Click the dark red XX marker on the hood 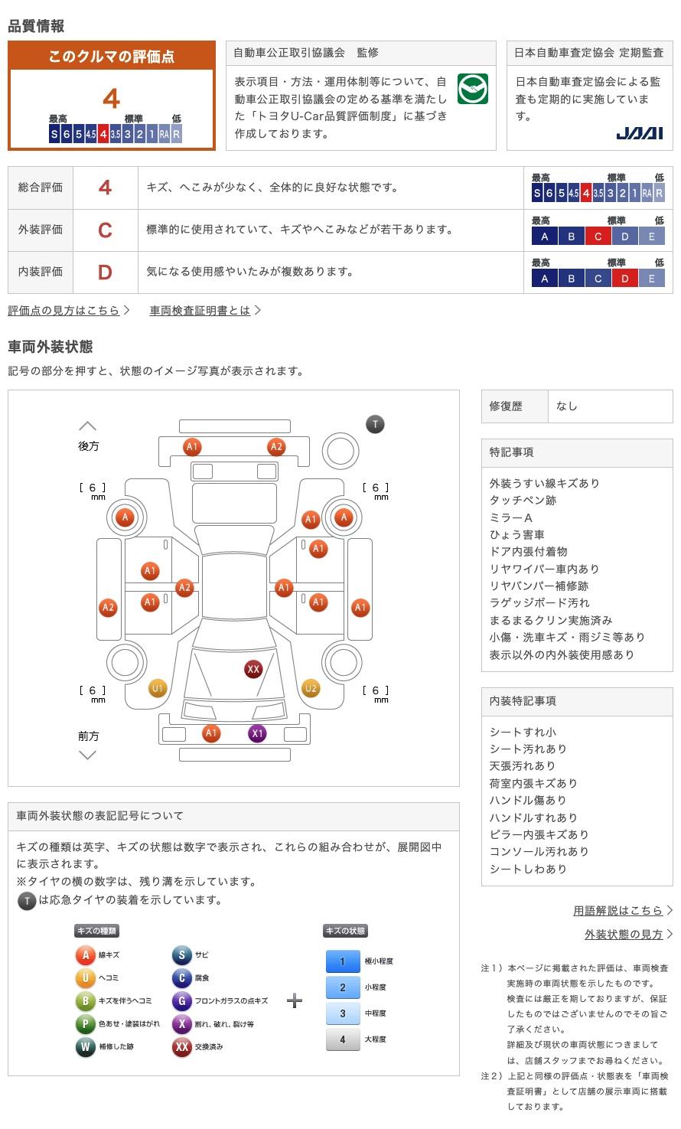tap(253, 669)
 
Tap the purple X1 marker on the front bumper tap(257, 733)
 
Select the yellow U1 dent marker tap(157, 688)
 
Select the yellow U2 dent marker tap(311, 688)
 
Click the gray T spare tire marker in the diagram tap(375, 424)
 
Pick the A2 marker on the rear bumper tap(276, 447)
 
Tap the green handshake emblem tap(472, 90)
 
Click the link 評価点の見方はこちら tap(64, 310)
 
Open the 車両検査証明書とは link tap(200, 310)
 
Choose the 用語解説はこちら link tap(618, 910)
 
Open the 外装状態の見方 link tap(624, 934)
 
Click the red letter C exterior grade tap(105, 230)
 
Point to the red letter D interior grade tap(105, 272)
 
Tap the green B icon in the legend tap(85, 1000)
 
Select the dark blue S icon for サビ tap(181, 954)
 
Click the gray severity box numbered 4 tap(342, 1039)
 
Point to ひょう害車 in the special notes tap(517, 534)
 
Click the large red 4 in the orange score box tap(112, 99)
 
